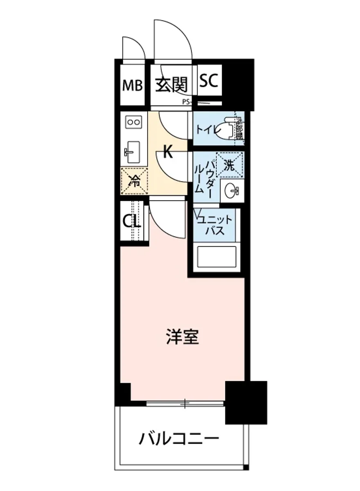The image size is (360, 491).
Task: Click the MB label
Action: [133, 86]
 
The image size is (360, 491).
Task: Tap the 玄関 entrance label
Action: [171, 85]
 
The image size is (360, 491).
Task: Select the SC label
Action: [209, 81]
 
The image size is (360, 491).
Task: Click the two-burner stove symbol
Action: [133, 122]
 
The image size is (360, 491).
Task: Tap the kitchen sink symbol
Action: [133, 152]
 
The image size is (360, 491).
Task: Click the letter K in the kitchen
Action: [167, 152]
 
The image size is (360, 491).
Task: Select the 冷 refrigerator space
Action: [134, 180]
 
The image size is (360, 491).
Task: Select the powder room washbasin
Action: [231, 191]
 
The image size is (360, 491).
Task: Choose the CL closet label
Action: [132, 222]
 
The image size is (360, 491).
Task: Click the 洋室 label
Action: [182, 337]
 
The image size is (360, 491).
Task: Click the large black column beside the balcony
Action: [246, 402]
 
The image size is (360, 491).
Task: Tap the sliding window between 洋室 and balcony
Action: [185, 404]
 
